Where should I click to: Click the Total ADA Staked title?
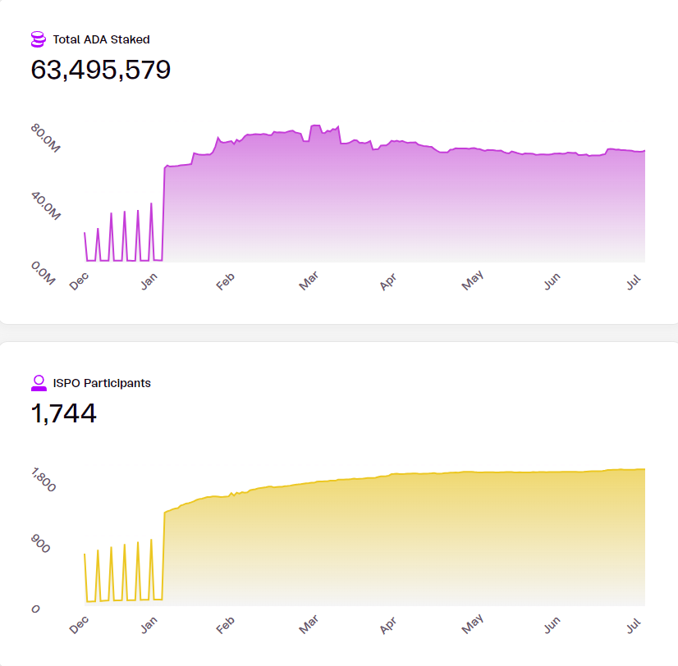click(x=101, y=39)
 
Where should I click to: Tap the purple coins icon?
click(x=38, y=39)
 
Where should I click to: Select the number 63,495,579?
click(x=101, y=70)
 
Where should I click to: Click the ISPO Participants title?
click(x=102, y=383)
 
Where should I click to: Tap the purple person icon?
click(x=38, y=382)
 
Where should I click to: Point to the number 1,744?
click(x=64, y=413)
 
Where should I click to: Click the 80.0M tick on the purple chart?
click(x=46, y=140)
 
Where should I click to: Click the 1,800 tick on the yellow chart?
click(x=44, y=481)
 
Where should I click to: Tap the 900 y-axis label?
click(x=40, y=544)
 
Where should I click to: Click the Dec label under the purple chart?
click(x=79, y=281)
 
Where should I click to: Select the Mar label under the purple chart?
click(x=309, y=281)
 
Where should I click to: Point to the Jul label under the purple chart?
click(x=634, y=280)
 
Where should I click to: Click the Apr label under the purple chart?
click(x=387, y=281)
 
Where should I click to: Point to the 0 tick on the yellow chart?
click(x=36, y=609)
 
